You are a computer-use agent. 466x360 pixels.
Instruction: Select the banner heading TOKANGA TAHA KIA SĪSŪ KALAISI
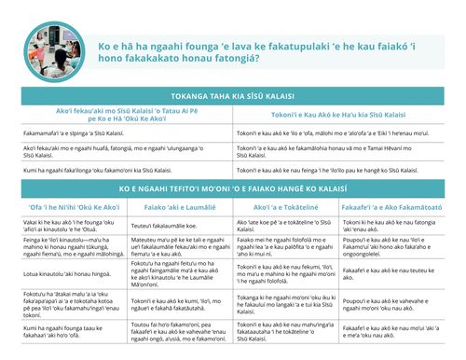[232, 96]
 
